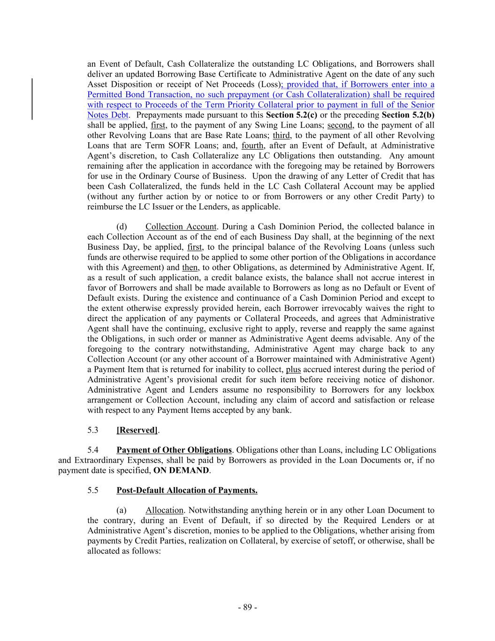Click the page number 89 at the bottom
tap(247, 607)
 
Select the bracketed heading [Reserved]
tap(137, 430)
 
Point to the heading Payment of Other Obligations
tap(174, 450)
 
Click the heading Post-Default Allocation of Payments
tap(187, 490)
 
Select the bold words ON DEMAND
tap(181, 470)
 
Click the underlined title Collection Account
tap(181, 227)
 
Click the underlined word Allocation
tap(164, 510)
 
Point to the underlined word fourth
tap(252, 146)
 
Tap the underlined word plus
tap(293, 370)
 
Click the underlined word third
tap(281, 135)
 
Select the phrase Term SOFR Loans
tap(152, 146)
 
